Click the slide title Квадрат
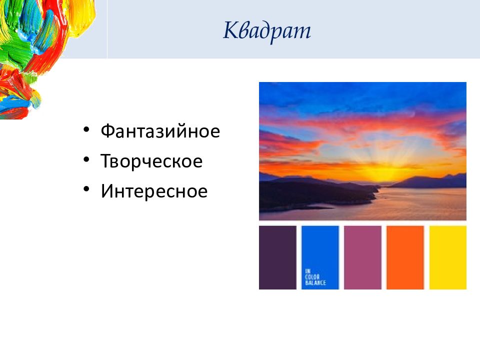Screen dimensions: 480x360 [267, 31]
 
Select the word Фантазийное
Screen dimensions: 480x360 [160, 131]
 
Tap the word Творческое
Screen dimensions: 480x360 [151, 161]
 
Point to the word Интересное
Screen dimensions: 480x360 [154, 191]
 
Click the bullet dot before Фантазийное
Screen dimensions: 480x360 [86, 129]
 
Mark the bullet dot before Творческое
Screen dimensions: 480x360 [86, 159]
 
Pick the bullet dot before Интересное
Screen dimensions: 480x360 [86, 189]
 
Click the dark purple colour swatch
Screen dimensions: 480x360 [277, 257]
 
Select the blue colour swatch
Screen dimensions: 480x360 [320, 257]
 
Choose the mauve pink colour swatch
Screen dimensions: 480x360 [363, 257]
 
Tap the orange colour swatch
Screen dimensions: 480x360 [405, 257]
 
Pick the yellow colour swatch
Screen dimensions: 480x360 [448, 257]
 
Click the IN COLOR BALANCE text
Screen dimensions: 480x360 [315, 277]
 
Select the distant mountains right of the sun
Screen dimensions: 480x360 [431, 181]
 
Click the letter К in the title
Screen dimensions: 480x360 [230, 30]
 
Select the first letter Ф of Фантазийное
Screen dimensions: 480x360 [108, 131]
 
